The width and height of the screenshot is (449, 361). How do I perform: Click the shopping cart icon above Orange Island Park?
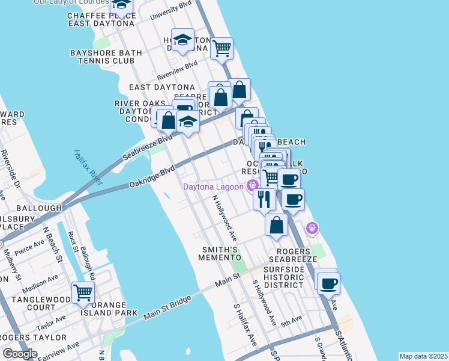83,293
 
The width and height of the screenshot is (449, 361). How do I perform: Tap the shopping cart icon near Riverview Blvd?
222,48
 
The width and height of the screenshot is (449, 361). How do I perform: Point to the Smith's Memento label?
220,253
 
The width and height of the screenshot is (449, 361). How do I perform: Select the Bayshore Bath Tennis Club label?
106,57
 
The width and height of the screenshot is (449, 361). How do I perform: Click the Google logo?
20,353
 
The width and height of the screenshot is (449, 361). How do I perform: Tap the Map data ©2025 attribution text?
423,356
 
